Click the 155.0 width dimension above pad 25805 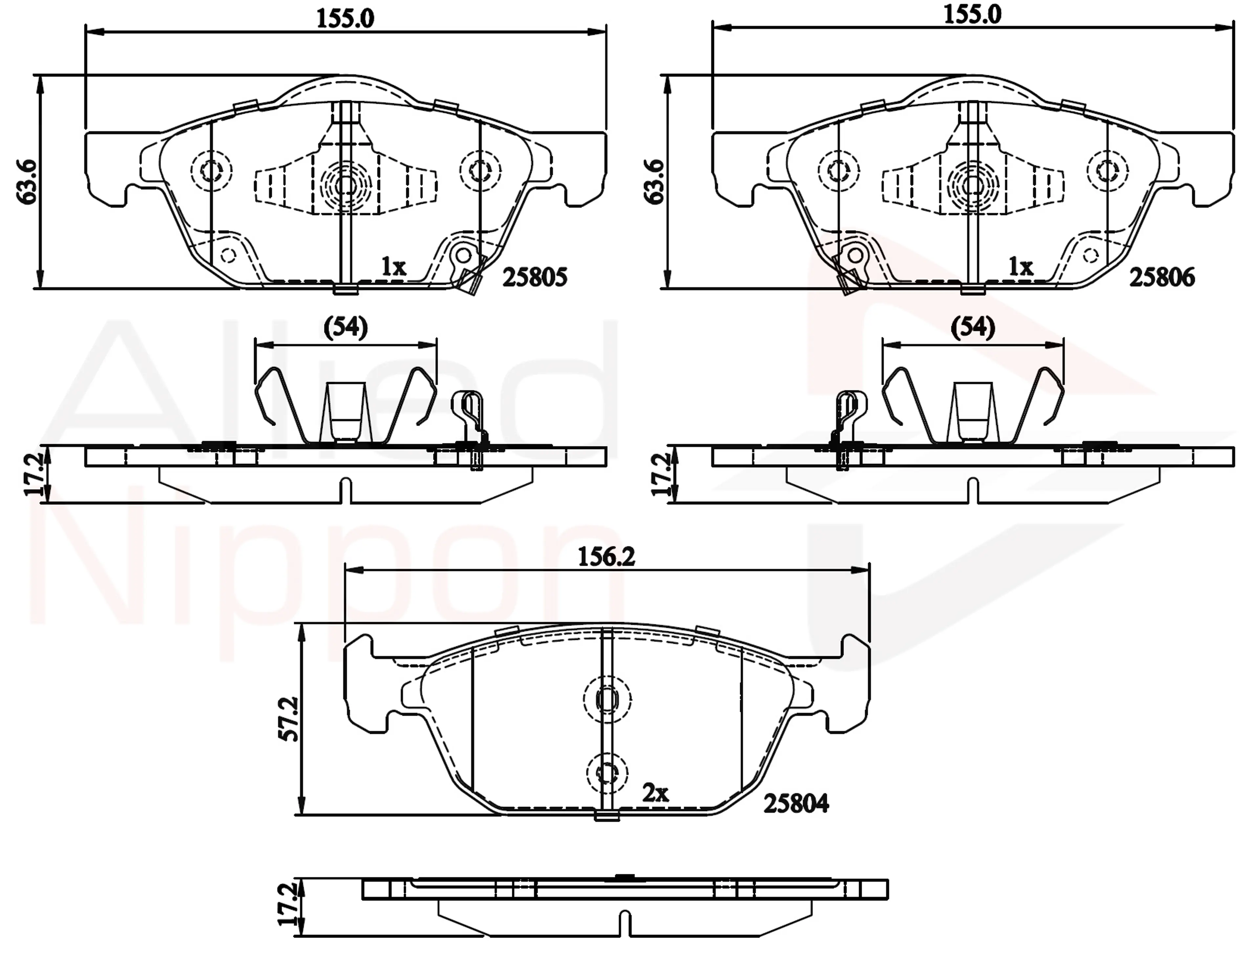(x=345, y=19)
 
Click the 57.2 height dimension (x=290, y=718)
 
